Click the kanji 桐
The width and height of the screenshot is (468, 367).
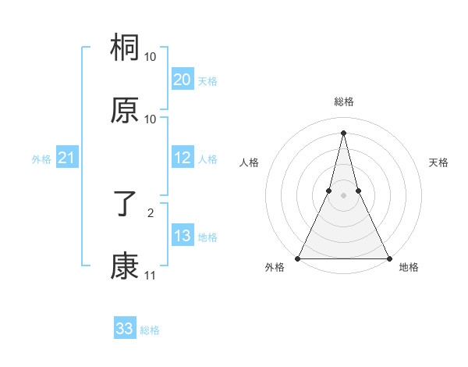tap(125, 51)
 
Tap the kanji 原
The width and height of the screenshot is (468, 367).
tap(125, 112)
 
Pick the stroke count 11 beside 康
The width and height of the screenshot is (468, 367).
tap(150, 275)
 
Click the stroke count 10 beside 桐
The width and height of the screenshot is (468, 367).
tap(151, 57)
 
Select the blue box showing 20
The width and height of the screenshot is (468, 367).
tap(183, 80)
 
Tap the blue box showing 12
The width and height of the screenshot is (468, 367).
tap(183, 158)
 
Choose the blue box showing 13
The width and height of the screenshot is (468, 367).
tap(183, 236)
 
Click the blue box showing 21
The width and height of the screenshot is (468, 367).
tap(66, 159)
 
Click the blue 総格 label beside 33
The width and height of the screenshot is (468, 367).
tap(150, 330)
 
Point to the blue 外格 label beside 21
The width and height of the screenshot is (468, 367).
tap(41, 159)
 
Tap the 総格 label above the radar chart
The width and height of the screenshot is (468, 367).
tap(343, 102)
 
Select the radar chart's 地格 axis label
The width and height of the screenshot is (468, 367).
tap(409, 268)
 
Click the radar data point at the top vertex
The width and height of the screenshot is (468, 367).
tap(343, 132)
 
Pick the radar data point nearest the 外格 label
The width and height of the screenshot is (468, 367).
tap(299, 258)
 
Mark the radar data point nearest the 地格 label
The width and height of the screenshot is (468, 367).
tap(388, 258)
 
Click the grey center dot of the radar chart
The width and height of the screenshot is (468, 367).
tap(343, 195)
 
